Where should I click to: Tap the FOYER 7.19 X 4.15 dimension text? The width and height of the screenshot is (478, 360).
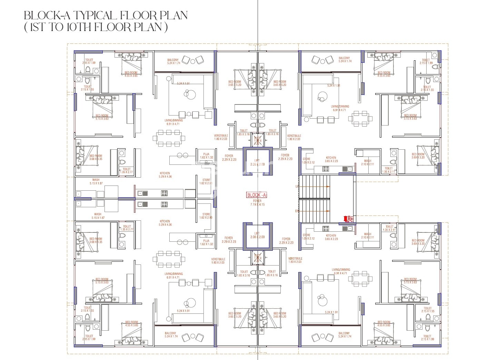click(257, 203)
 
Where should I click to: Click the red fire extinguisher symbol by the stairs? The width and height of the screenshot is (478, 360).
click(346, 218)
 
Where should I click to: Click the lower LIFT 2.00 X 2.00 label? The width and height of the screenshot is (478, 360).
click(257, 235)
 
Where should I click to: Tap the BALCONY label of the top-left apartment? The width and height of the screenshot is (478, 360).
click(173, 61)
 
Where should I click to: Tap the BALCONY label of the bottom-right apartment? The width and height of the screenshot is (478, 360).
click(344, 334)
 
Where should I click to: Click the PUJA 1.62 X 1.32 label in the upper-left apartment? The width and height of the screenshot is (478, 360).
click(206, 156)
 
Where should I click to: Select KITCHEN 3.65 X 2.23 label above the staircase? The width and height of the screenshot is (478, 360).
click(331, 159)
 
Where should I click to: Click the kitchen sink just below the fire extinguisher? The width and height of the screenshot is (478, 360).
click(350, 228)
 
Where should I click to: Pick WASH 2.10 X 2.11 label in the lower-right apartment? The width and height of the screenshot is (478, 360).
click(367, 236)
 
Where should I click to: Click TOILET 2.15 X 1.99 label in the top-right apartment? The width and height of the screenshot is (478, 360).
click(426, 61)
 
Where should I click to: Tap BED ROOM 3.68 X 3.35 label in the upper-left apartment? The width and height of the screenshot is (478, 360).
click(96, 158)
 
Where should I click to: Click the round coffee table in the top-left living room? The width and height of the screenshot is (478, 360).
click(189, 93)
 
